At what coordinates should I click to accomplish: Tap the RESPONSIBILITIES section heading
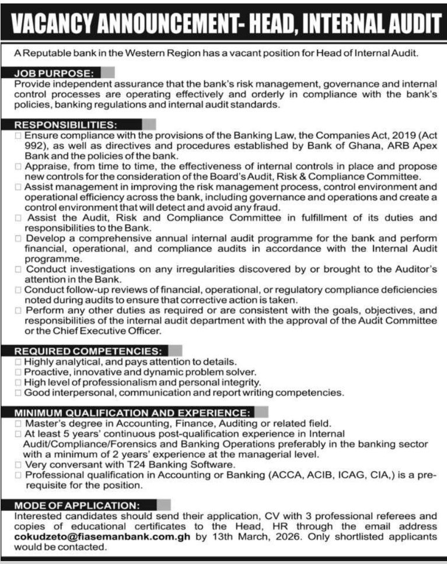pyautogui.click(x=66, y=124)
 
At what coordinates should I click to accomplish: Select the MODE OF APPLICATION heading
pyautogui.click(x=76, y=505)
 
